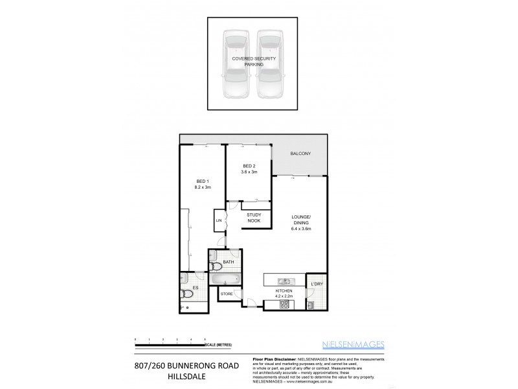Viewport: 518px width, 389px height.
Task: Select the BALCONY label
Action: point(300,154)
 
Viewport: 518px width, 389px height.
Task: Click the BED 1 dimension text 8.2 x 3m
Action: point(203,187)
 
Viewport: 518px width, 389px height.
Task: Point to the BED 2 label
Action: point(249,167)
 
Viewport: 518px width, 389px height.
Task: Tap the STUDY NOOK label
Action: point(253,219)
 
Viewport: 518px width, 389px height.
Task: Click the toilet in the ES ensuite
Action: point(187,294)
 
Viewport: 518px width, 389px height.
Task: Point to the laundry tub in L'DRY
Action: point(311,304)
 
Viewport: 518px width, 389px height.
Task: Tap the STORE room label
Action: point(227,295)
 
